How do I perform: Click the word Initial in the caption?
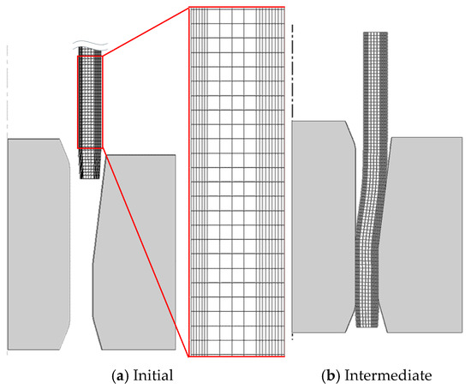[153, 375]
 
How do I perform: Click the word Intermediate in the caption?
[388, 375]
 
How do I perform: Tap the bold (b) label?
[331, 376]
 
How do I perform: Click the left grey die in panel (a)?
[38, 244]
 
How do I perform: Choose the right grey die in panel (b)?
[424, 235]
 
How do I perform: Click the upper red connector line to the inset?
[146, 31]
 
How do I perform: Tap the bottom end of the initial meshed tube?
[90, 178]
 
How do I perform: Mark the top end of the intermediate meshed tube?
[375, 33]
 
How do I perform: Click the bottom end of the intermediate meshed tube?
[367, 326]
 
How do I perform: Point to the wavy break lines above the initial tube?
[90, 45]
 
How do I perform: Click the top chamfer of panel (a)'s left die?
[65, 152]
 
